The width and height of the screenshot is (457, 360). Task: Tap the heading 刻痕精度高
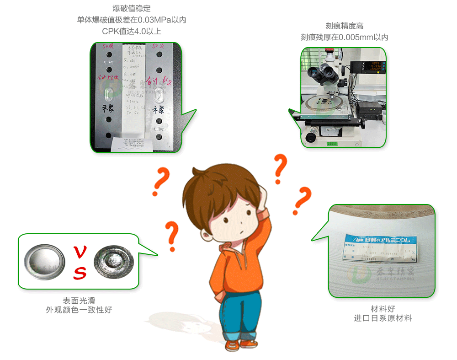[x=344, y=26]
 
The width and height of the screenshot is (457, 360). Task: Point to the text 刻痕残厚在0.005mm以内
[x=344, y=38]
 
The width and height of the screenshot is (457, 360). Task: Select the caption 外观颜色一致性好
[x=79, y=310]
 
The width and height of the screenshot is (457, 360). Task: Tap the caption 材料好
[x=383, y=308]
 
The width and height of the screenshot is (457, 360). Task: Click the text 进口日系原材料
[x=383, y=318]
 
